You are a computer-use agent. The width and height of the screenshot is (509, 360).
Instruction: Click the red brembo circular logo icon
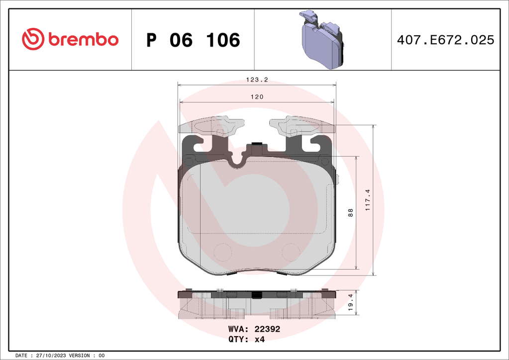pos(33,39)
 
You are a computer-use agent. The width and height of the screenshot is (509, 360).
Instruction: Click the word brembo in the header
pos(84,39)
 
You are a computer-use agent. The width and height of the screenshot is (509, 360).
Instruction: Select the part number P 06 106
pos(193,40)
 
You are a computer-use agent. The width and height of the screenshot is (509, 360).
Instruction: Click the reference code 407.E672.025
pos(445,40)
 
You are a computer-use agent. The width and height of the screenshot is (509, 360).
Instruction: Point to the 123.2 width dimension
pos(257,80)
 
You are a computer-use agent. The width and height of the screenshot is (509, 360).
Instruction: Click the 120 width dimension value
pos(257,97)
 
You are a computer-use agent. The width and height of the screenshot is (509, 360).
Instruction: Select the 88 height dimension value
pos(350,213)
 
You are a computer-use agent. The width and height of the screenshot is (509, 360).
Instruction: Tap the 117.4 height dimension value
pos(368,200)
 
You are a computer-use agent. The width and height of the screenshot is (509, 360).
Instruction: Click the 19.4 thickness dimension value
pos(351,303)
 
